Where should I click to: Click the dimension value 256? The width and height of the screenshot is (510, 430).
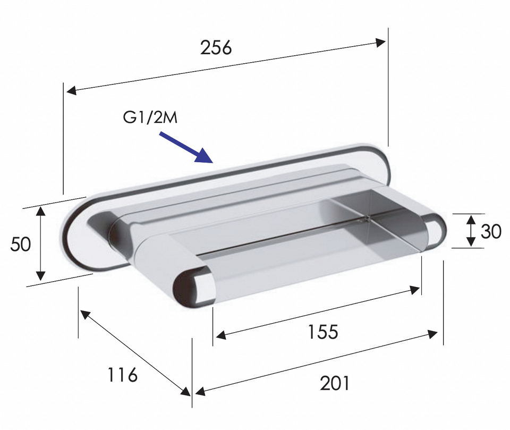pyautogui.click(x=216, y=47)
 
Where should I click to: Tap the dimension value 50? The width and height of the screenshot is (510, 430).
pyautogui.click(x=21, y=244)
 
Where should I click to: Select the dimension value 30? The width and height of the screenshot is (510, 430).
pyautogui.click(x=491, y=231)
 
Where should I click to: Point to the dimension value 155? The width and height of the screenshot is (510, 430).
pyautogui.click(x=323, y=332)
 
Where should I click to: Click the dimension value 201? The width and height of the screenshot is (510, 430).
pyautogui.click(x=335, y=383)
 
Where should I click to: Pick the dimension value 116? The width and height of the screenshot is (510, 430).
pyautogui.click(x=122, y=375)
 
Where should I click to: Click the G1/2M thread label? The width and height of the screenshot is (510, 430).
pyautogui.click(x=150, y=117)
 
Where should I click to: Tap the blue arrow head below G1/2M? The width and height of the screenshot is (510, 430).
pyautogui.click(x=204, y=156)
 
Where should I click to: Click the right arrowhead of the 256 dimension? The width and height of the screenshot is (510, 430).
pyautogui.click(x=380, y=43)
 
